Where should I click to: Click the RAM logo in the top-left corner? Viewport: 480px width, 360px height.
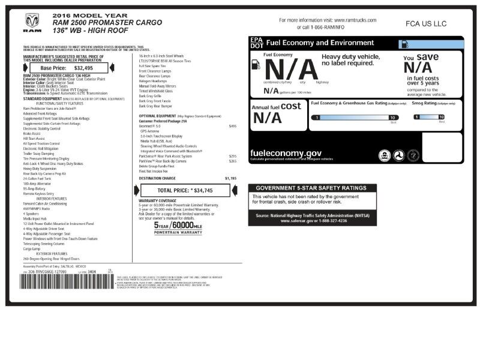point(32,22)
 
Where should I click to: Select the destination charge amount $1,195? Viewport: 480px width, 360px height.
point(231,178)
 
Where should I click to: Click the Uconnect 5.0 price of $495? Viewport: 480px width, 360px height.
point(233,127)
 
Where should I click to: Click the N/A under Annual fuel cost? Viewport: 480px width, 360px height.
point(268,117)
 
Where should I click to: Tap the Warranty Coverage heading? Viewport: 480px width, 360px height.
point(158,200)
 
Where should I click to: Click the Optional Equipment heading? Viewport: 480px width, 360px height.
point(157,115)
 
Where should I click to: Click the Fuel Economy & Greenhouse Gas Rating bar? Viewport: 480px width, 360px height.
point(354,118)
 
